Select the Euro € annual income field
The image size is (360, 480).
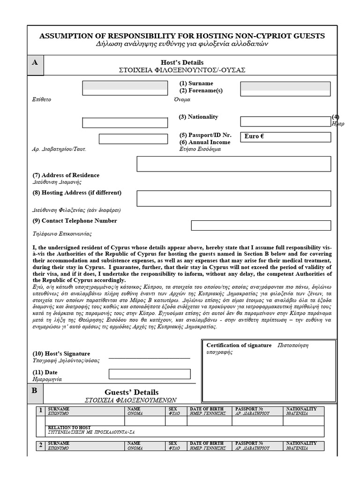coord(285,137)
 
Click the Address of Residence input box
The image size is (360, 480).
coord(233,164)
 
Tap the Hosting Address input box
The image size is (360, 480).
coord(233,198)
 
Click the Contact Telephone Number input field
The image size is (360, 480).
coord(261,225)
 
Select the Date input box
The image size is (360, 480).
coord(150,374)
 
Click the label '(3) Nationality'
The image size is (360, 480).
coord(198,117)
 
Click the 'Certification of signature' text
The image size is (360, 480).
coord(239,345)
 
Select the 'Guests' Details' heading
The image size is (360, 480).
coord(131,392)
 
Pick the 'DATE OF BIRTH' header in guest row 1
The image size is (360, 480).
coord(206,409)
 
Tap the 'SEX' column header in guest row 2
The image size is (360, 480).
coord(173,443)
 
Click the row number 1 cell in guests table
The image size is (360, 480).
coord(41,411)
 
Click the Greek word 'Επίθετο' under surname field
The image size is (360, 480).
coord(42,100)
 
